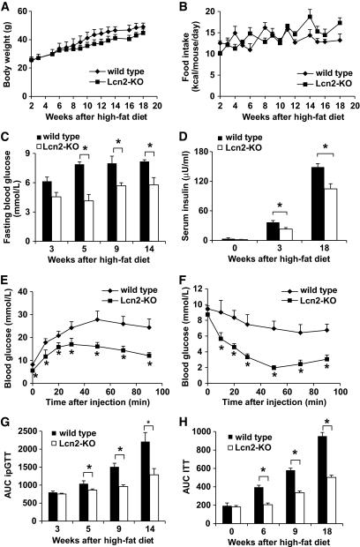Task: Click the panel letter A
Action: tap(6, 7)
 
